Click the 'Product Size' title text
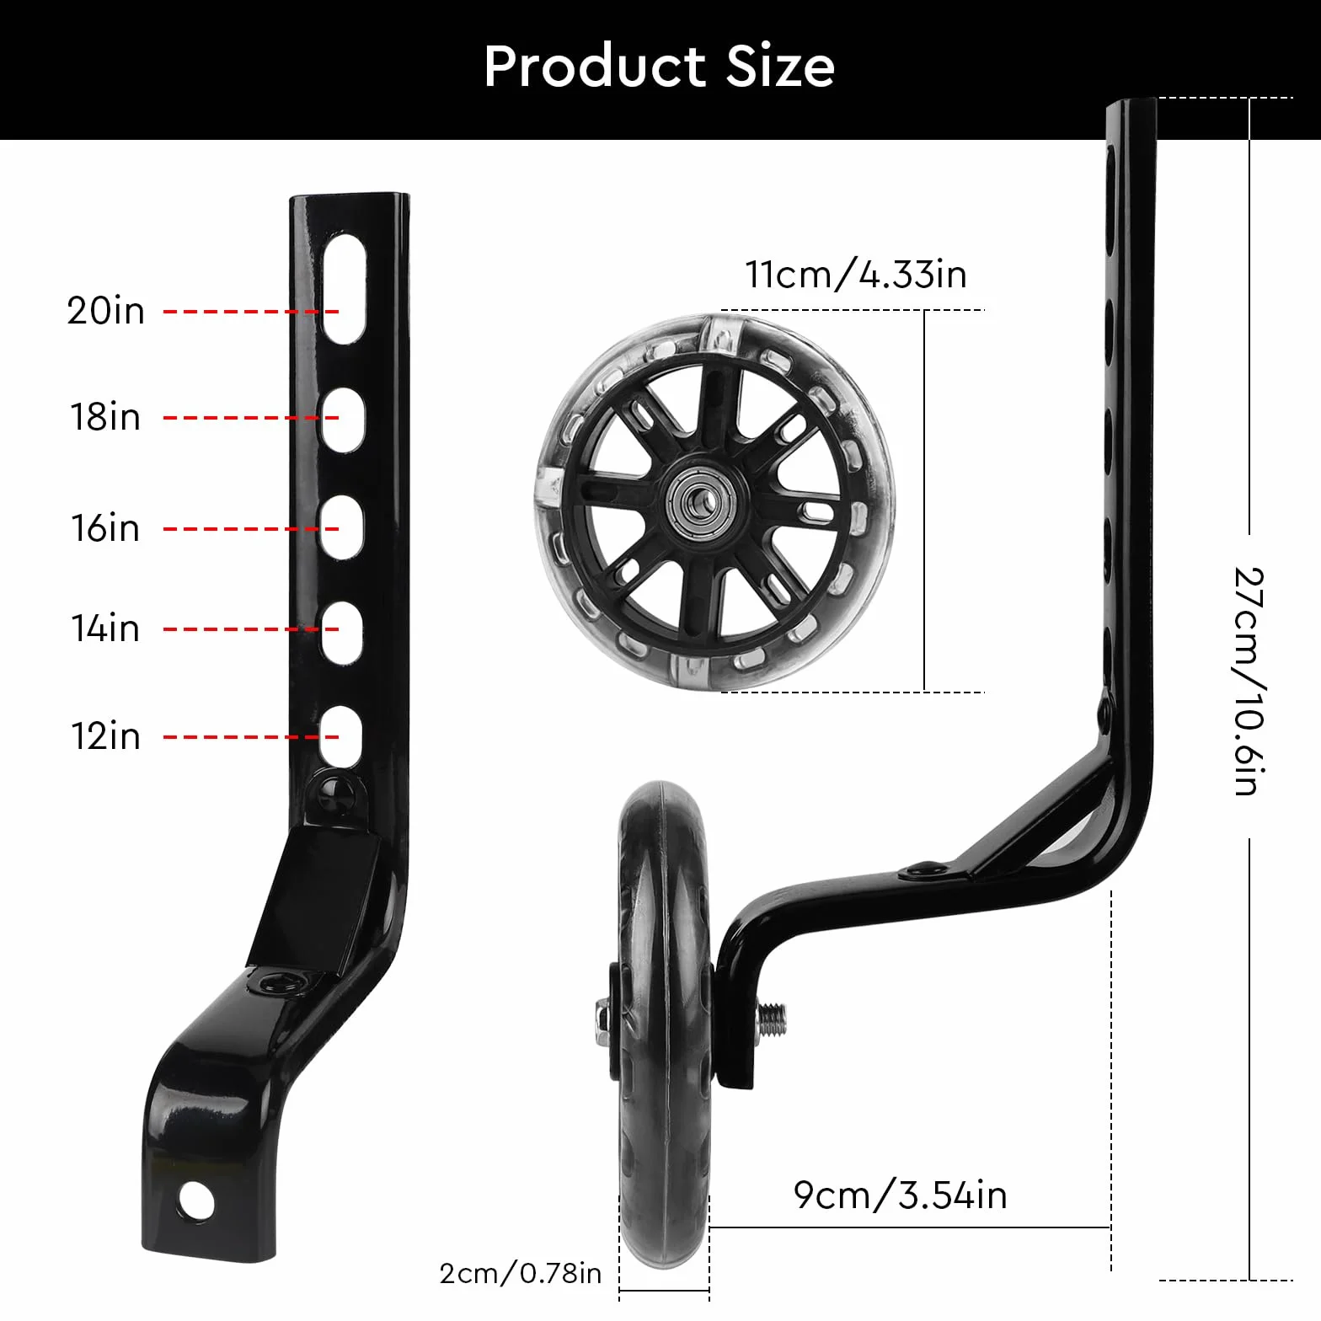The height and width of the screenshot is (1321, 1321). (660, 67)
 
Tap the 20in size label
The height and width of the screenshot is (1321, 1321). (106, 311)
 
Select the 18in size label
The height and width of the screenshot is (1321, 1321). (105, 417)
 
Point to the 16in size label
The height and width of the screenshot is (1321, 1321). (105, 528)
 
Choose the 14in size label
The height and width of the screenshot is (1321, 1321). (105, 628)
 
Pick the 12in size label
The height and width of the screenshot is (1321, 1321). (105, 736)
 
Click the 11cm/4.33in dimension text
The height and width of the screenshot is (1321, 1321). (856, 275)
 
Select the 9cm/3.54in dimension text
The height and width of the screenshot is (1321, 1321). (900, 1195)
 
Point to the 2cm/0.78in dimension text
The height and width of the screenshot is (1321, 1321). (521, 1273)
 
